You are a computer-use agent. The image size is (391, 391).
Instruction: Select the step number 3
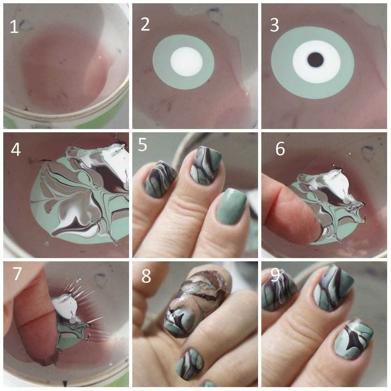pyautogui.click(x=274, y=25)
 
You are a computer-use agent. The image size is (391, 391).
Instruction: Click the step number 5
pyautogui.click(x=142, y=144)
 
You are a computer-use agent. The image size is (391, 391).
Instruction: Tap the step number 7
pyautogui.click(x=17, y=274)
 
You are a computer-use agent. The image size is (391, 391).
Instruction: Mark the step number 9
pyautogui.click(x=275, y=275)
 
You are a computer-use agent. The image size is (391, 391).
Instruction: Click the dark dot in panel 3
pyautogui.click(x=315, y=60)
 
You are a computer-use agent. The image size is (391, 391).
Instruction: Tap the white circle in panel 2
pyautogui.click(x=186, y=62)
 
